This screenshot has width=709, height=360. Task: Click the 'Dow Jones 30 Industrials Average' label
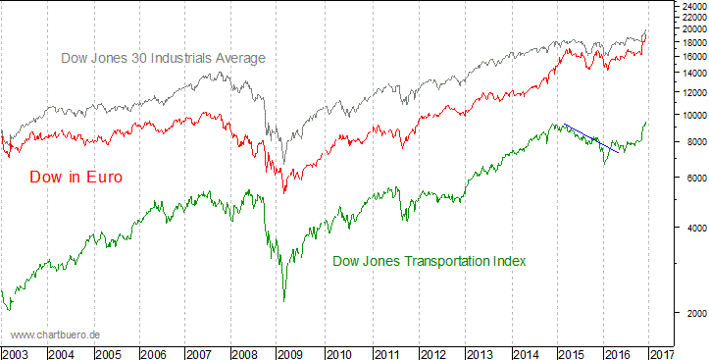click(164, 59)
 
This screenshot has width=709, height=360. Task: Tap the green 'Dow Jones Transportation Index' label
click(430, 262)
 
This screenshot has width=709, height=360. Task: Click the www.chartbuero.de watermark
click(55, 334)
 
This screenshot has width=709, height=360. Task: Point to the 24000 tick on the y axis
click(691, 6)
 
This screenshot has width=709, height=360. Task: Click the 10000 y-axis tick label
click(691, 115)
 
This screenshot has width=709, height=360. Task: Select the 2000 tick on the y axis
click(691, 313)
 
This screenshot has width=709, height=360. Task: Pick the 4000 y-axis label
click(691, 228)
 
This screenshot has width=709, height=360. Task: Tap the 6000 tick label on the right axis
click(691, 178)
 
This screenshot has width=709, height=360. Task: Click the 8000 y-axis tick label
click(691, 142)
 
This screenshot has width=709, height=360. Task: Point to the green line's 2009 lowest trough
click(283, 300)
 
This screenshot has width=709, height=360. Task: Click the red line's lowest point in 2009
click(283, 191)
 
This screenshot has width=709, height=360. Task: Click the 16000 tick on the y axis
click(691, 57)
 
